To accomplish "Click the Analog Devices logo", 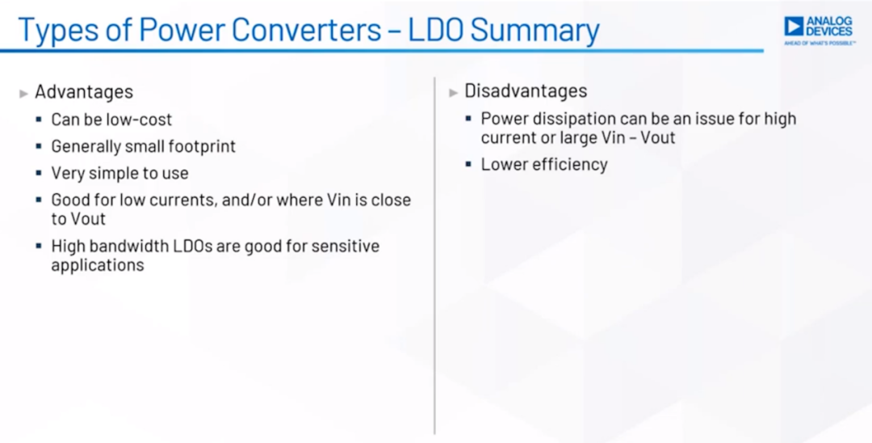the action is click(819, 30).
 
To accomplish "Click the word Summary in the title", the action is click(535, 31).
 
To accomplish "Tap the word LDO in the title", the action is click(435, 29).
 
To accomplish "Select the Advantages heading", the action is click(84, 92).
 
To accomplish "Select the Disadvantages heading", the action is click(526, 91).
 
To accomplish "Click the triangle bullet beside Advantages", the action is click(24, 94).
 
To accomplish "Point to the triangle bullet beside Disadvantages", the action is click(453, 92).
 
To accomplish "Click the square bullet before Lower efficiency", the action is click(468, 164).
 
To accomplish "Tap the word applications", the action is click(98, 265).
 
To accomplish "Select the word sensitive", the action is click(346, 246).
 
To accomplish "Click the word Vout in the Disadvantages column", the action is click(658, 137).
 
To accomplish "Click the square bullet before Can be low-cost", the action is click(39, 119).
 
